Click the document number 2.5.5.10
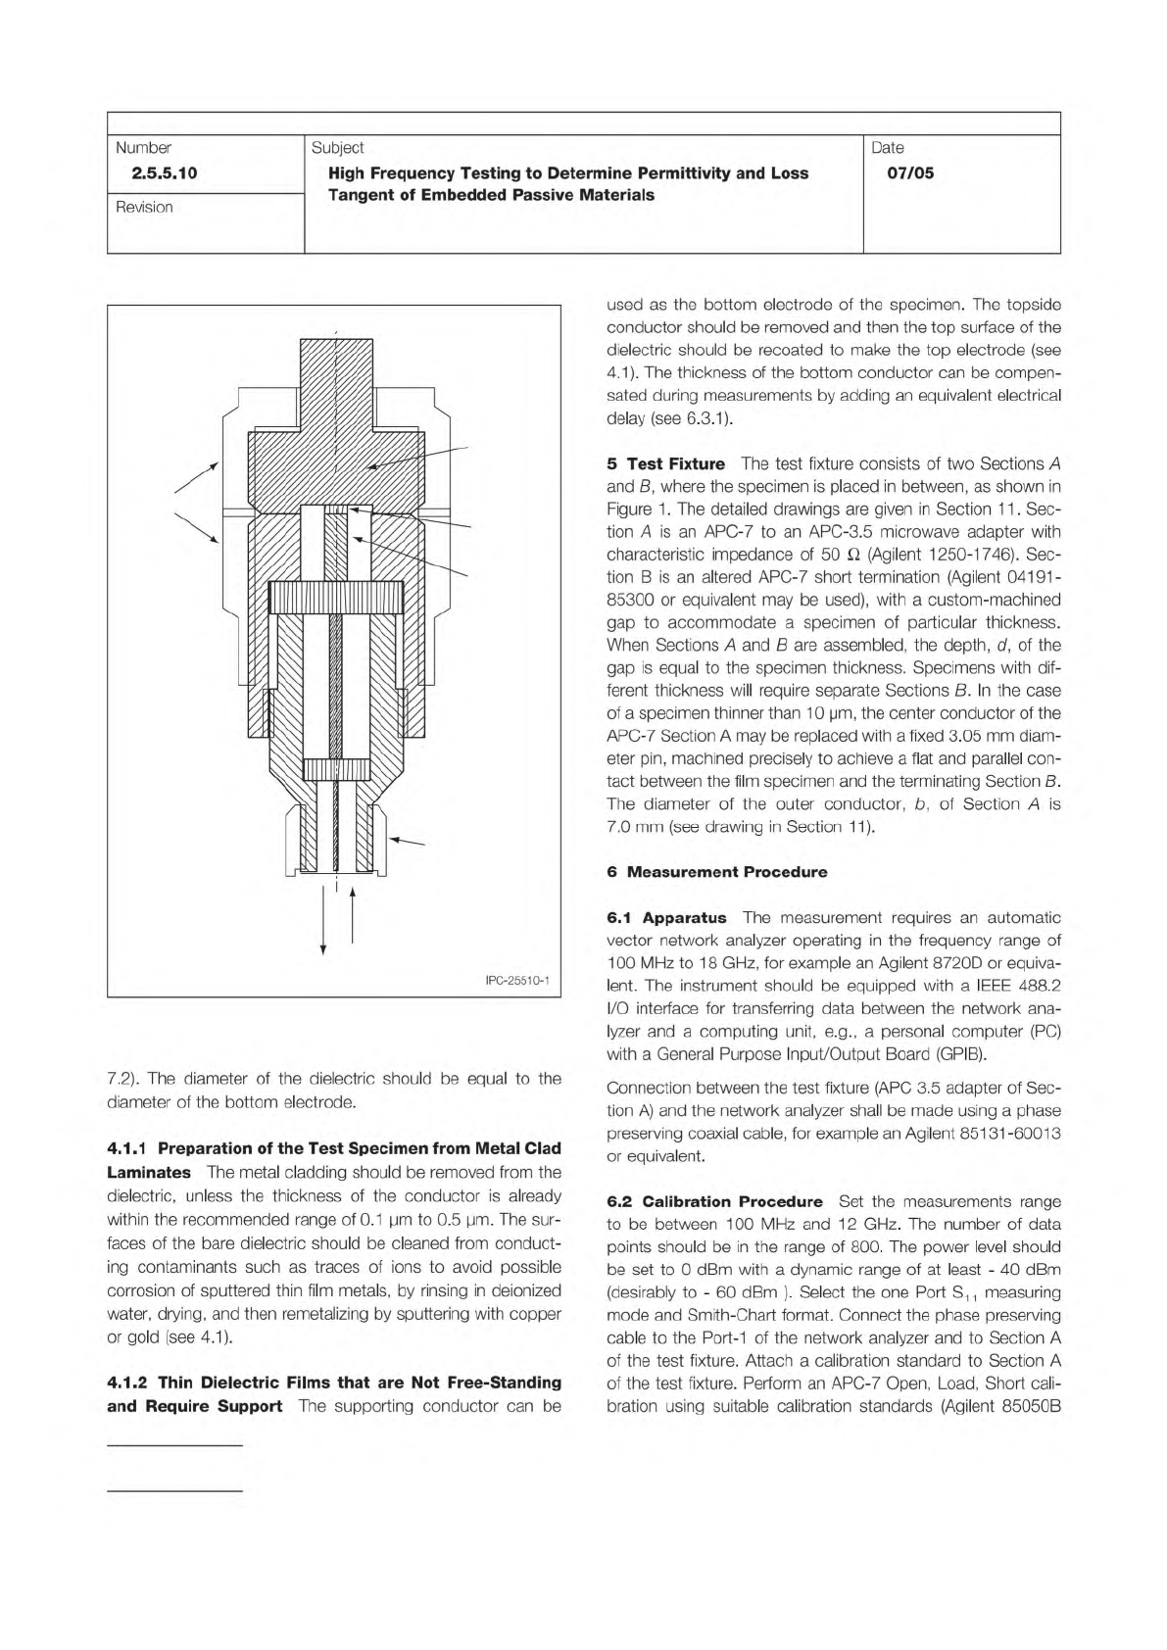click(x=157, y=173)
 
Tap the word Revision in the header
click(x=144, y=207)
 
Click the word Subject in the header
click(x=337, y=148)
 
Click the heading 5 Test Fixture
click(x=666, y=463)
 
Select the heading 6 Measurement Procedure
click(x=717, y=872)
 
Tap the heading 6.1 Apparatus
click(x=666, y=918)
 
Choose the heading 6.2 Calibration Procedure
click(x=714, y=1201)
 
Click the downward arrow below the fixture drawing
click(x=323, y=921)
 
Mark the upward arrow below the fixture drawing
click(x=352, y=916)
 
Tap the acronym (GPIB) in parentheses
click(x=962, y=1054)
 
